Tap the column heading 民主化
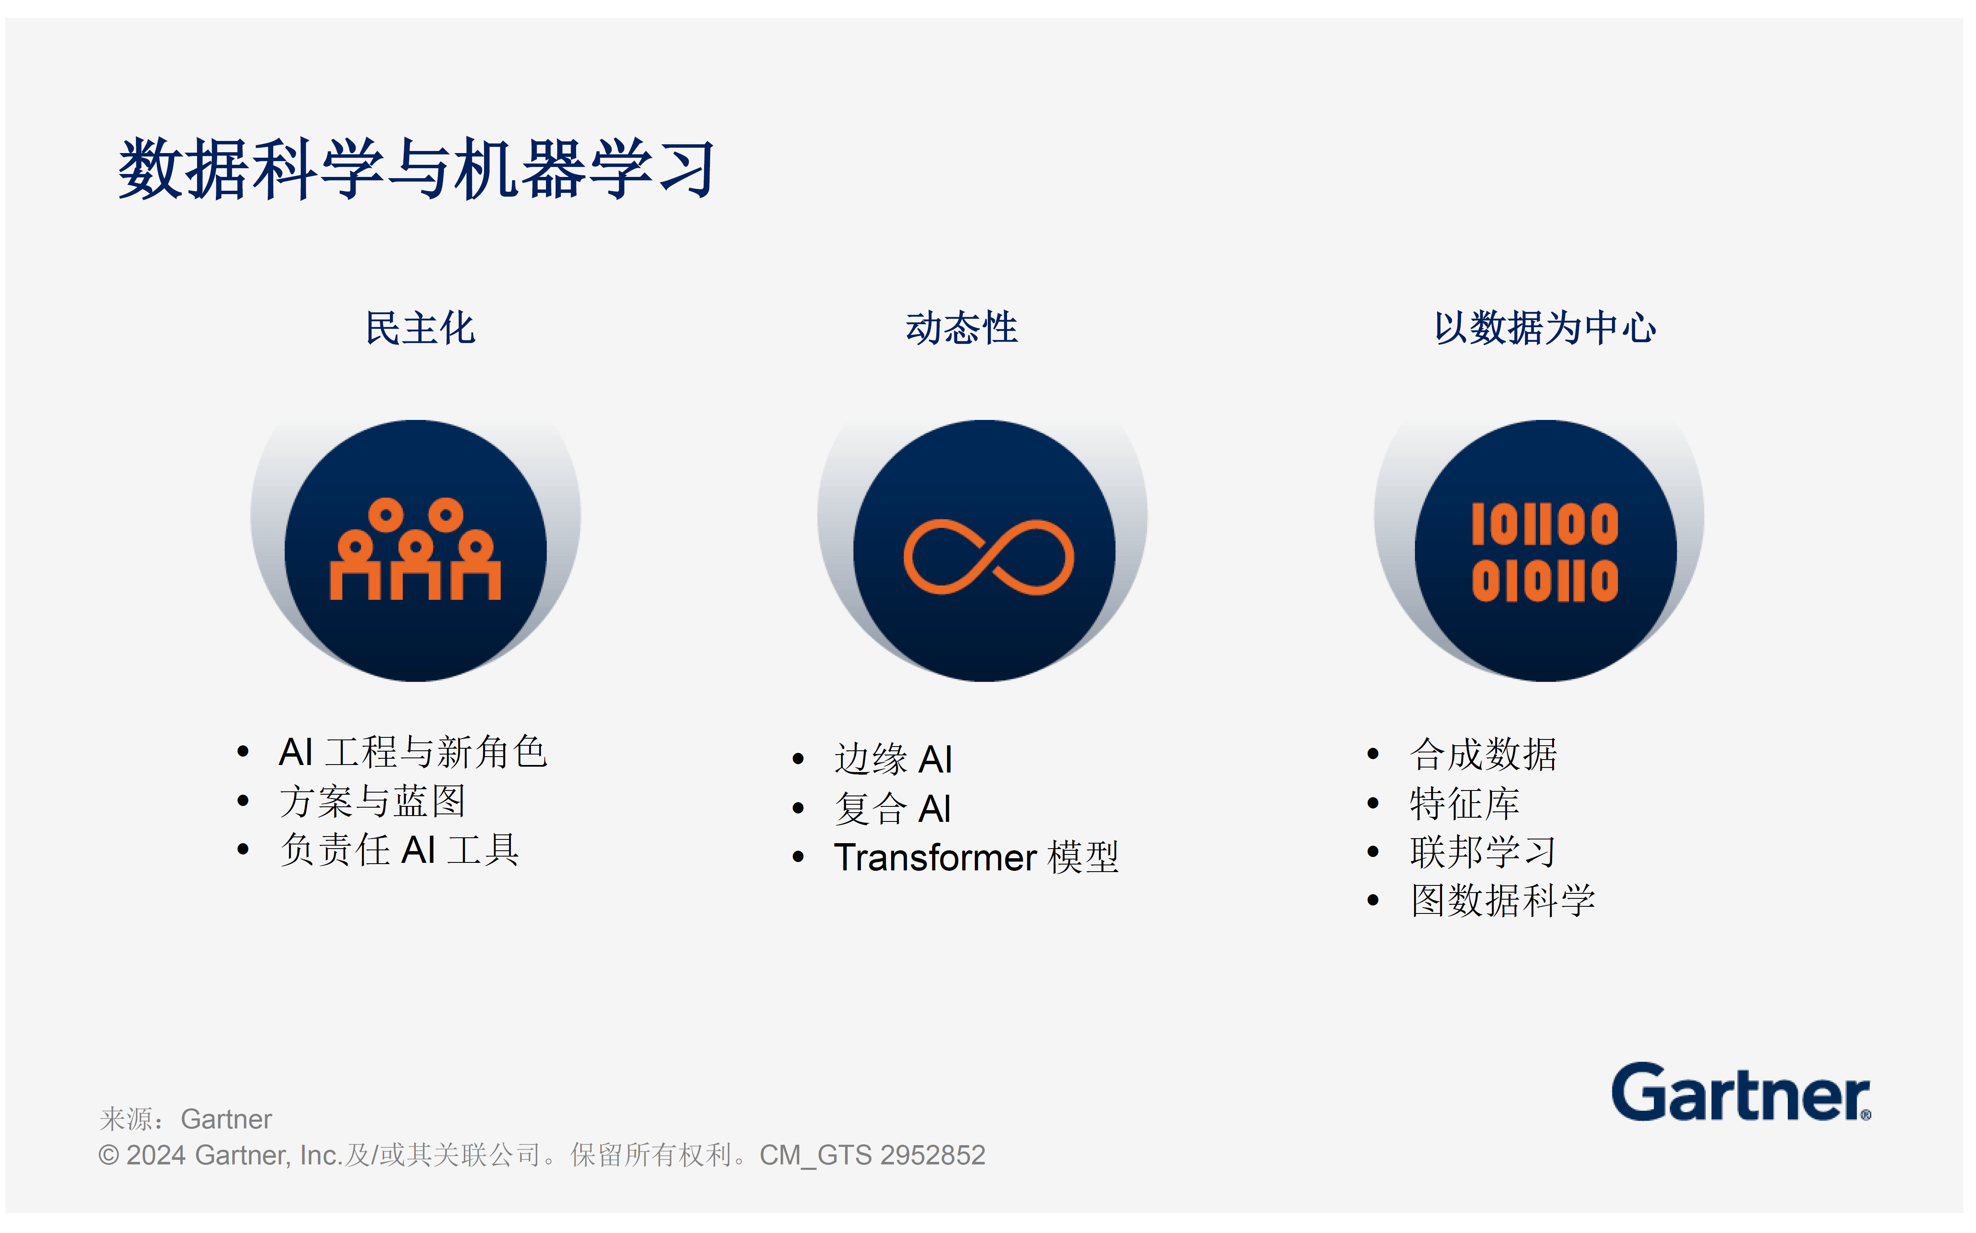[420, 328]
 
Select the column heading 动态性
[961, 328]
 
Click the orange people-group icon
[415, 550]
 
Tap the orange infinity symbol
[988, 557]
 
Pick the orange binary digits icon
[1545, 552]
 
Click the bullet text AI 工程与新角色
[413, 752]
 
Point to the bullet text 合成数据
[1484, 755]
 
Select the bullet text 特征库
[1465, 803]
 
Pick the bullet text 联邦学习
[1484, 852]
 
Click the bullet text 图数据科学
[1503, 901]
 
